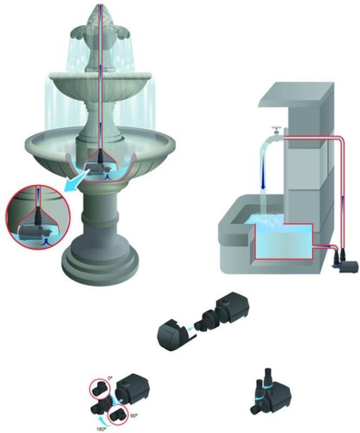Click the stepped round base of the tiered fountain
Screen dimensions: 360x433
(x=100, y=262)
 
